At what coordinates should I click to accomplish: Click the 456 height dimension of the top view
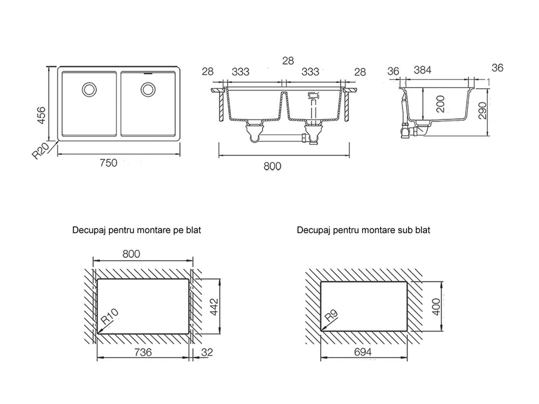click(41, 115)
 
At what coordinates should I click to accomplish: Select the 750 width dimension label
click(109, 163)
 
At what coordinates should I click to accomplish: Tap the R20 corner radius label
click(40, 151)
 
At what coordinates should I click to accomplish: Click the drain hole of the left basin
click(89, 89)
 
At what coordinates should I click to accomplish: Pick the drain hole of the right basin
click(148, 89)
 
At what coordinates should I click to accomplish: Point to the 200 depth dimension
click(440, 105)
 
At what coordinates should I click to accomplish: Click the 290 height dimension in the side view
click(483, 110)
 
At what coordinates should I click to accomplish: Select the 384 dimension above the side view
click(423, 70)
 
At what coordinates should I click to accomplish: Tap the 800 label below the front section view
click(272, 166)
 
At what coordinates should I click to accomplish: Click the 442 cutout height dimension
click(213, 308)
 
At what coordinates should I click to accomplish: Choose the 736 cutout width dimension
click(143, 352)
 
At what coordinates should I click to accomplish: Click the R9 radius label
click(331, 315)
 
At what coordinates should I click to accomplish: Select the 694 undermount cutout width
click(363, 352)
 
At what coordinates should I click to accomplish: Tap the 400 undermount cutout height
click(436, 307)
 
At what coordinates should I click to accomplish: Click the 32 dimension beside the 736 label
click(207, 352)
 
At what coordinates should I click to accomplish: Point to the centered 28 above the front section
click(288, 61)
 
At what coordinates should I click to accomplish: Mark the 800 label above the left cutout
click(132, 254)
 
